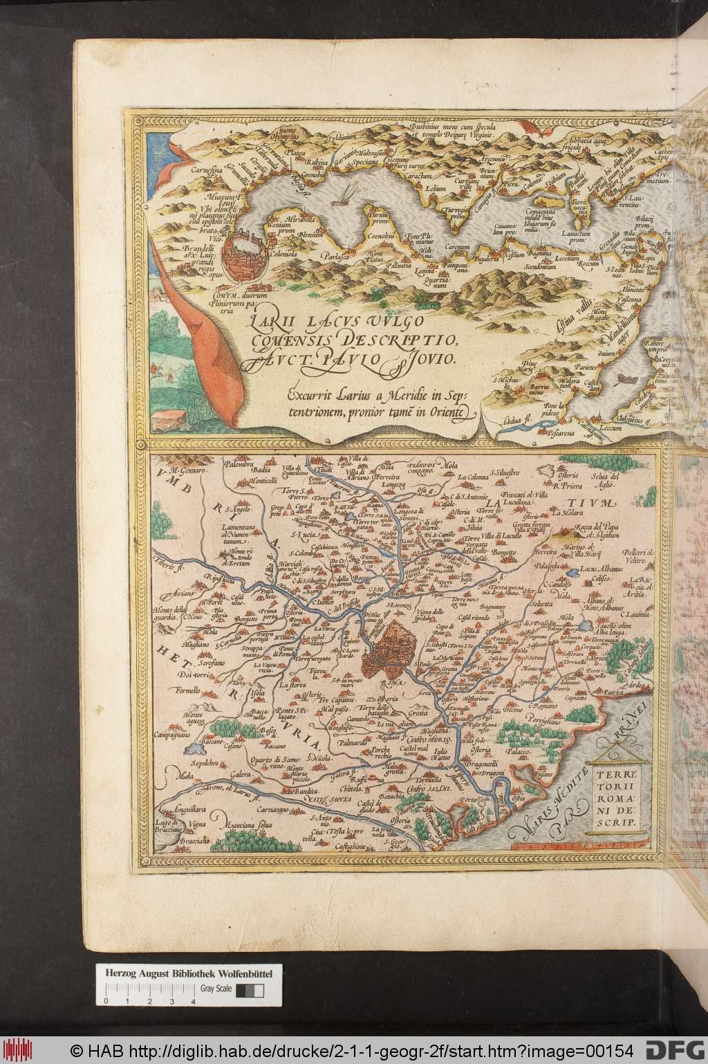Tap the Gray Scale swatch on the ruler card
(250, 971)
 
